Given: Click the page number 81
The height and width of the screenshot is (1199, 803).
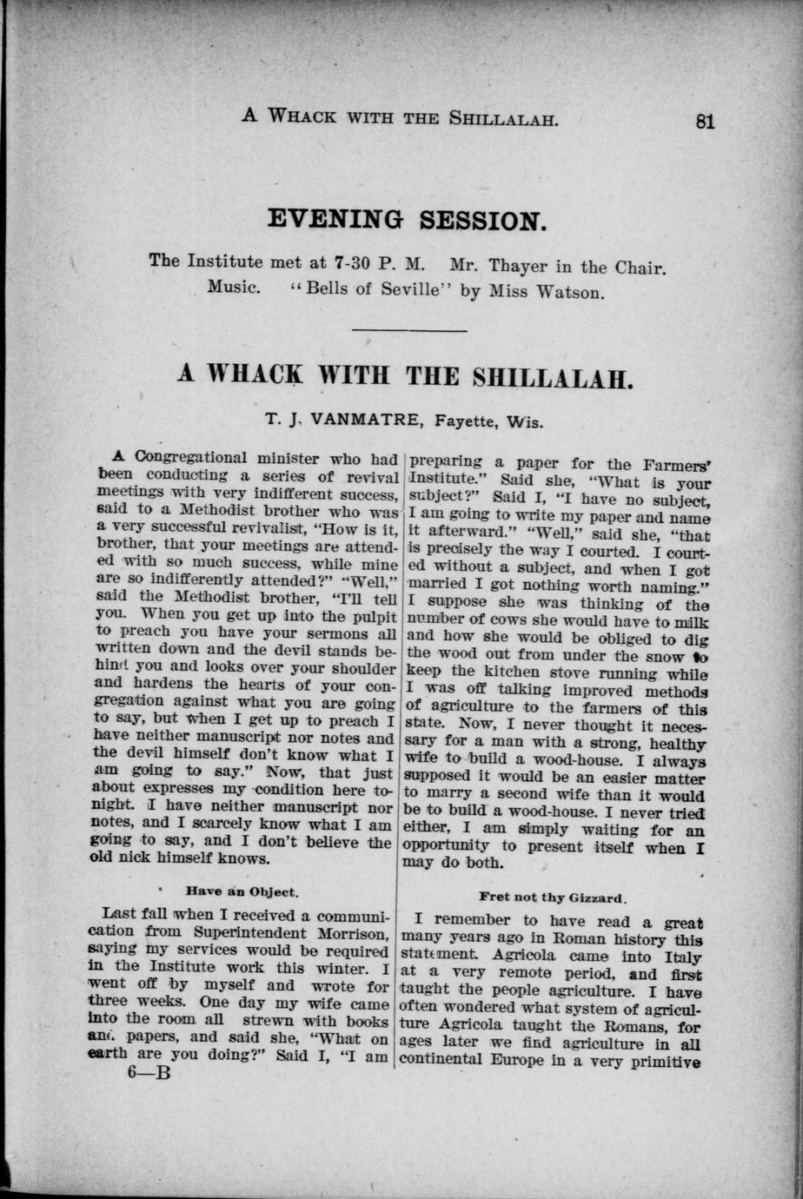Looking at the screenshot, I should [x=704, y=122].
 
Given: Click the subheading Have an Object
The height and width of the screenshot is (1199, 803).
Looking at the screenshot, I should [x=242, y=891].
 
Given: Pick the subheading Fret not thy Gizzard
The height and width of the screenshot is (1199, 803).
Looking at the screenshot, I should [x=553, y=897].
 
